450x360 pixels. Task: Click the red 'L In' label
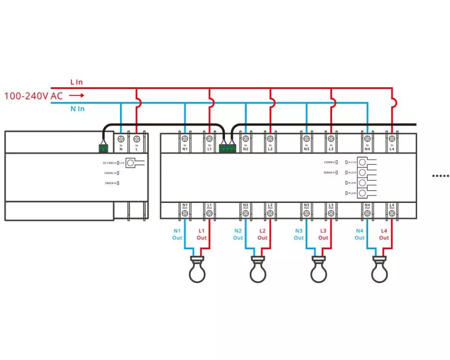pos(76,82)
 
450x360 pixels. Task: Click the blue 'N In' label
pos(77,109)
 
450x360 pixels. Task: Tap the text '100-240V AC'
pos(33,96)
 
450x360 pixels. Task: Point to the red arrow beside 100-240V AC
pos(76,95)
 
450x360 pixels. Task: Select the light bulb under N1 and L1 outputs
pos(197,270)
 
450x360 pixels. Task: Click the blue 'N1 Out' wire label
pos(177,234)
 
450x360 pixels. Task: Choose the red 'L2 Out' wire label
pos(262,234)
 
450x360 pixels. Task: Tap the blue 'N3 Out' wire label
pos(299,234)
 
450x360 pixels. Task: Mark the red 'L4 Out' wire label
pos(384,234)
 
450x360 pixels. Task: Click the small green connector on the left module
pos(104,147)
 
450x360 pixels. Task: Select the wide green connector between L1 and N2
pos(227,148)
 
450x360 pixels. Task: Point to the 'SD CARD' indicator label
pos(108,162)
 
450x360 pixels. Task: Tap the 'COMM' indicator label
pos(329,162)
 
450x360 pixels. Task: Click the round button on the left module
pos(131,162)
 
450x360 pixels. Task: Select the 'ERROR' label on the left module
pos(109,183)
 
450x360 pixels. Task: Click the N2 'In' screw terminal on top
pos(246,139)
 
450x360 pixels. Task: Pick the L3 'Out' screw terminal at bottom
pos(331,213)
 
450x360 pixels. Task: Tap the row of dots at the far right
pos(441,176)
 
